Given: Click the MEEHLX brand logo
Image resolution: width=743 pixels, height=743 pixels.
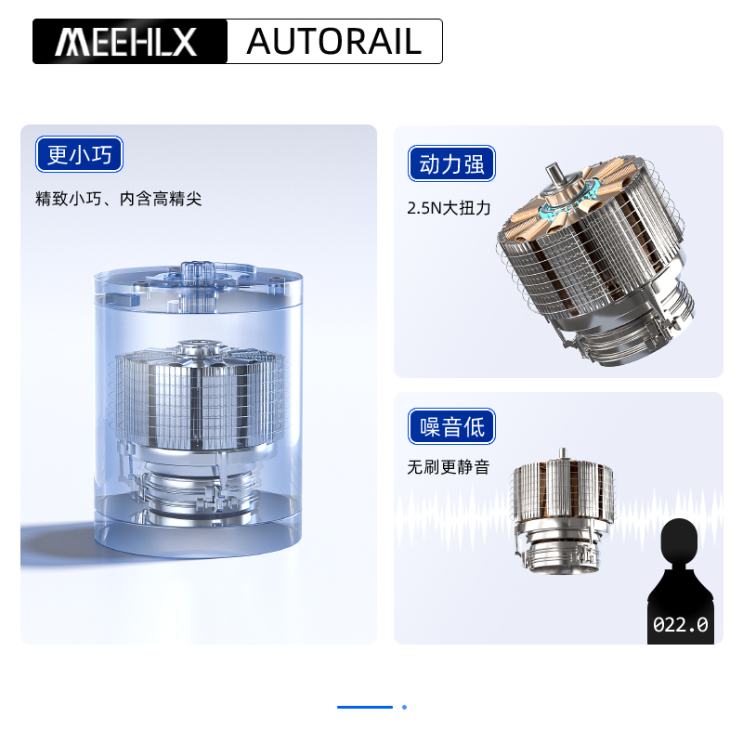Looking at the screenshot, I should click(x=129, y=42).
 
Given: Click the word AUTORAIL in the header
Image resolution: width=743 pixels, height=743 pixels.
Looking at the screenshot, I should click(x=334, y=42).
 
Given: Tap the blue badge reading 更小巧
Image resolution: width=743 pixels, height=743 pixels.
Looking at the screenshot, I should click(x=79, y=154).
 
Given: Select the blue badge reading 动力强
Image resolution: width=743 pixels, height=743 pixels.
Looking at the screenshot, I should click(x=451, y=165).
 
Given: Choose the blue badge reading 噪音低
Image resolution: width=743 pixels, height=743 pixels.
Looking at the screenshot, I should click(x=451, y=427).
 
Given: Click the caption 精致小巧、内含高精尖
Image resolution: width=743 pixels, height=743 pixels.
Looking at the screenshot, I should click(x=118, y=199).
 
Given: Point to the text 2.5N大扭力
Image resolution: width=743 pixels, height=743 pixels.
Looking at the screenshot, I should click(x=449, y=208).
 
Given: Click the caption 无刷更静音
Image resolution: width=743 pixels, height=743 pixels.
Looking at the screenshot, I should click(x=448, y=467).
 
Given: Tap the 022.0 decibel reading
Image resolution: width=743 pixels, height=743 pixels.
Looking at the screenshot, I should click(x=681, y=625).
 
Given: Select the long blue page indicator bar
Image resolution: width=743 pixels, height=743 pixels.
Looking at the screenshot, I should click(x=365, y=707).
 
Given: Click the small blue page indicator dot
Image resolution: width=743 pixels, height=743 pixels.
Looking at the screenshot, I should click(x=404, y=707).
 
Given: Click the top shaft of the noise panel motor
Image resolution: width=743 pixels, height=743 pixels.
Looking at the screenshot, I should click(x=561, y=455).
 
